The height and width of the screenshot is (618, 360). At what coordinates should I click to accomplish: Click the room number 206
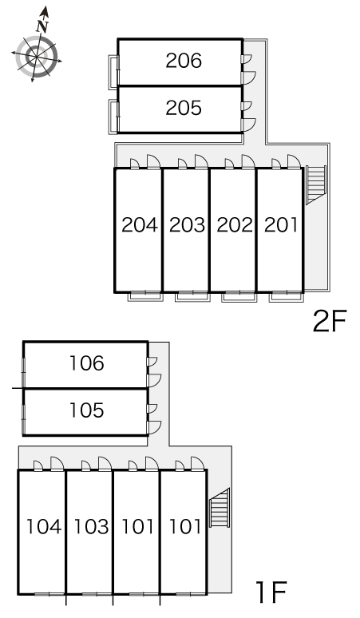184,61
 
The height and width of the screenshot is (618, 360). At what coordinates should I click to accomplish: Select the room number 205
184,108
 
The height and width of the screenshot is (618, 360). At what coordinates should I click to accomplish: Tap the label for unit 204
140,224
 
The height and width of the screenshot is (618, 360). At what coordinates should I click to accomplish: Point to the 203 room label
187,224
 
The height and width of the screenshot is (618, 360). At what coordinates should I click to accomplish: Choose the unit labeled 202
235,224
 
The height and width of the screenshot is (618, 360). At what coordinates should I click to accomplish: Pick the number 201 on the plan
281,224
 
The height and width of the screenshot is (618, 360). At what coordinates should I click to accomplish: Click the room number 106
87,363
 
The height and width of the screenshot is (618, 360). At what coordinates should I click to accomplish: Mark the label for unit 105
87,410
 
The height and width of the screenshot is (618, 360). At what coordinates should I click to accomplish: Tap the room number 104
44,526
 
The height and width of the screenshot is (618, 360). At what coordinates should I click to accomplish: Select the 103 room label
91,526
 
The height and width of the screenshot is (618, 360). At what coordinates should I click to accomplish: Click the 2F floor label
330,321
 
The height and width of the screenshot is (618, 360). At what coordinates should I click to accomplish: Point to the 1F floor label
271,592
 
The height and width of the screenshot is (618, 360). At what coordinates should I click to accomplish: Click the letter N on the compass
42,27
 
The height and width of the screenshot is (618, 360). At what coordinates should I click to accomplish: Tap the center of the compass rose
37,57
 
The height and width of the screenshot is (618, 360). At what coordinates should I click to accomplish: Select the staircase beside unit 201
316,185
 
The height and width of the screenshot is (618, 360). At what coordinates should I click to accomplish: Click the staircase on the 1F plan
220,508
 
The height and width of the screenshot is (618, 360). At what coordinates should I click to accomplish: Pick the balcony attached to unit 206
113,71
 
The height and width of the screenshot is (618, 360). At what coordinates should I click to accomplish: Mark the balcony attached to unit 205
113,117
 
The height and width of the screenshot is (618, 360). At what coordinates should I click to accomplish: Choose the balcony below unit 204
145,296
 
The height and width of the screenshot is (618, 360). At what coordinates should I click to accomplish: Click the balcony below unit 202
239,296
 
